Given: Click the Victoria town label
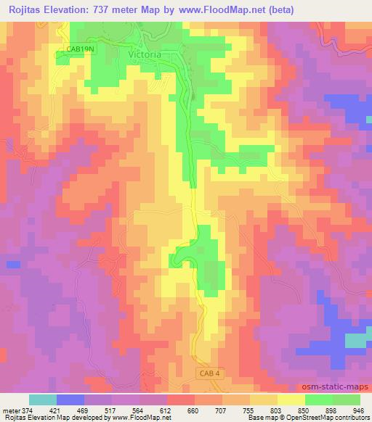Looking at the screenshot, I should click(x=144, y=54).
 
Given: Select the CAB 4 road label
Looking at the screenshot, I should click(x=207, y=373).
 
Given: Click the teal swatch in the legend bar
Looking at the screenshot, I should click(x=42, y=400).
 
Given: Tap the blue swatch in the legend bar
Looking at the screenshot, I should click(x=70, y=400).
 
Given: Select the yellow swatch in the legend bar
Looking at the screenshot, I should click(x=291, y=400).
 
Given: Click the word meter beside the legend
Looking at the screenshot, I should click(x=10, y=409).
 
